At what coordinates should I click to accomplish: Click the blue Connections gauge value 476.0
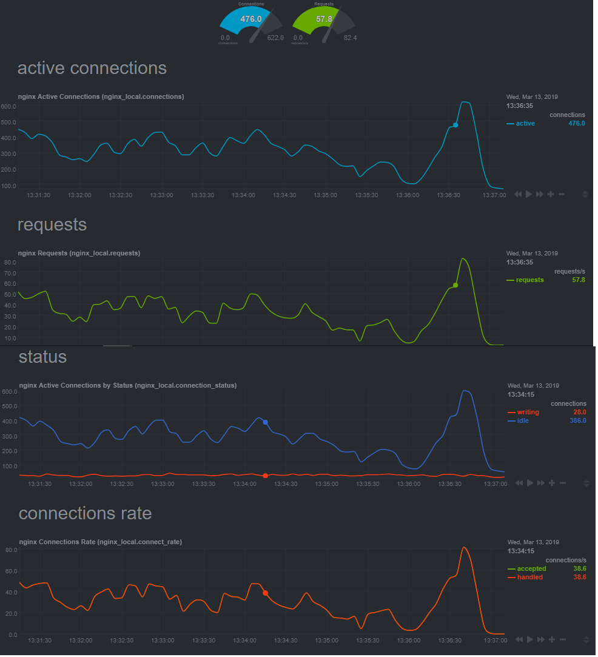pos(250,19)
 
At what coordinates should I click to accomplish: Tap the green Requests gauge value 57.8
pos(324,19)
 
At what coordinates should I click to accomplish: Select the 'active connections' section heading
pos(92,68)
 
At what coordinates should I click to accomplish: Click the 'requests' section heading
pos(52,224)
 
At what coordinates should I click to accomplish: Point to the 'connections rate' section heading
pos(86,513)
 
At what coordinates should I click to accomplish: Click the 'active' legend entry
pos(525,124)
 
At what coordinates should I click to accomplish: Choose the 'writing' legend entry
pos(528,413)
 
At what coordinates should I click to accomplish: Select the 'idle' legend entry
pos(523,420)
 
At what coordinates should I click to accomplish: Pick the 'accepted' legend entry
pos(531,569)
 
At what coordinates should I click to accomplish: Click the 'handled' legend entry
pos(529,578)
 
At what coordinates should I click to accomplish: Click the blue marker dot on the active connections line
pos(455,125)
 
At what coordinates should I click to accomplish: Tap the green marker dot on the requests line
pos(455,285)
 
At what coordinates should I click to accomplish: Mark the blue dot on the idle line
pos(265,422)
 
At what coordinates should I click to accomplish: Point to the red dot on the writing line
pos(265,476)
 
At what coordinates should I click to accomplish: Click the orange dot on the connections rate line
pos(265,593)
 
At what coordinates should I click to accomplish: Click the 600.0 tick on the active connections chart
pos(8,106)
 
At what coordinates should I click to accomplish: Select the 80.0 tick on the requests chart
pos(10,263)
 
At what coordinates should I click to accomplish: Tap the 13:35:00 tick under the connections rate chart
pos(326,640)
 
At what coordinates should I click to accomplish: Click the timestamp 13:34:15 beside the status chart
pos(520,394)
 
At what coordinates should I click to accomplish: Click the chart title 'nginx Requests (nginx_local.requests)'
pos(79,253)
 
